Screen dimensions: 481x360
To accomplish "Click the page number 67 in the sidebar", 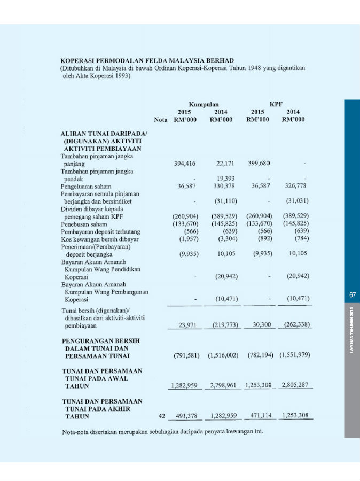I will pos(353,294).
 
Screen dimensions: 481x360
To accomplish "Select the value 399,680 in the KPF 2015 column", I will pos(259,164).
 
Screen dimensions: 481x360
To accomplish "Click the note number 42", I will pos(161,416).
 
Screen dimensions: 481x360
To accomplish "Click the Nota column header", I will pos(160,120).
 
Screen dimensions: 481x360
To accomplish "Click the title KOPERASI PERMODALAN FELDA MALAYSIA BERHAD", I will pos(147,61).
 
